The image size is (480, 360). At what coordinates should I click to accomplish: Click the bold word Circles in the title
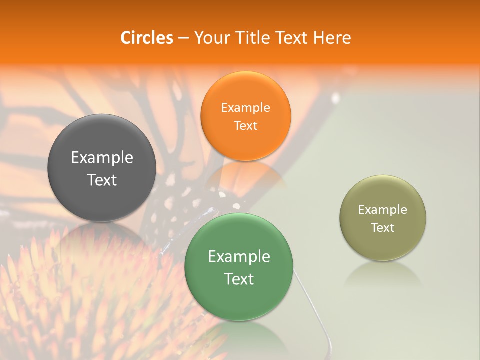click(x=147, y=38)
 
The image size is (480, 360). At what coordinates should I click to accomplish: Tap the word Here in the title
click(x=332, y=38)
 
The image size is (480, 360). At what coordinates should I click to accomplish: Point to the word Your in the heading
click(x=211, y=38)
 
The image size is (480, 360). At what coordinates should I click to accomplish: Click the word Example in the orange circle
click(x=245, y=107)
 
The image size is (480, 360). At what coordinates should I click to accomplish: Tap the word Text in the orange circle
click(x=245, y=125)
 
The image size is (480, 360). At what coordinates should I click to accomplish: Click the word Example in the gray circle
click(x=102, y=158)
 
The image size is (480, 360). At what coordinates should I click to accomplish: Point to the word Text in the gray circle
click(x=102, y=180)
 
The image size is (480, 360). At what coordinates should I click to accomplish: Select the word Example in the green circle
click(x=239, y=257)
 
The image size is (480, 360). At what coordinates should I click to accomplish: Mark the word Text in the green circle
click(x=239, y=279)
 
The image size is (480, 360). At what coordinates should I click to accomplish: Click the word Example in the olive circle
click(x=382, y=209)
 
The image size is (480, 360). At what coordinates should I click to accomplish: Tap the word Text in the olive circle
click(x=382, y=227)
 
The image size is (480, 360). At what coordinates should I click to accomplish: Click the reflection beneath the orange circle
click(x=245, y=175)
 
